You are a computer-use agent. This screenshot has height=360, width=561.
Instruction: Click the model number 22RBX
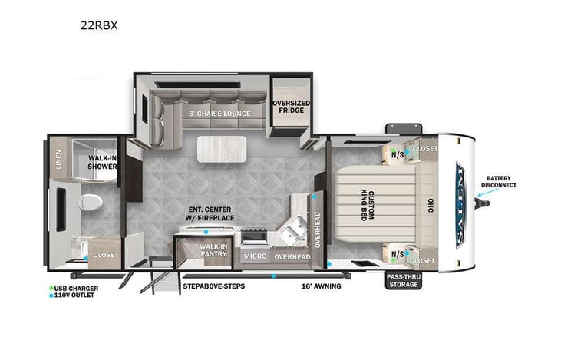[99, 24]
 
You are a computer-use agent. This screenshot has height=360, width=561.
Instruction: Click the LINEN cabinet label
[59, 160]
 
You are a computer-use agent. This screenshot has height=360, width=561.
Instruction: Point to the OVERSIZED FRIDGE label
[289, 107]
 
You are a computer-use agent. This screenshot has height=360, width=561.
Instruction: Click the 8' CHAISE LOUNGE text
[216, 114]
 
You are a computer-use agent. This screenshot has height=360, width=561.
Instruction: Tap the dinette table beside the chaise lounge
[222, 147]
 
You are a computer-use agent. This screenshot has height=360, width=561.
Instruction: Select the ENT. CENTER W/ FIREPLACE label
[213, 214]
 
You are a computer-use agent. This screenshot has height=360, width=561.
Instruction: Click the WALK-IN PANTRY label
[212, 251]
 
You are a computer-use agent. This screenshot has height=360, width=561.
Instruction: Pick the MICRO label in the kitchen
[254, 256]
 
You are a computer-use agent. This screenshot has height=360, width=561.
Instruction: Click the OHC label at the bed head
[428, 205]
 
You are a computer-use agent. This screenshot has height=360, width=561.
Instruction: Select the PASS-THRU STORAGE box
[403, 280]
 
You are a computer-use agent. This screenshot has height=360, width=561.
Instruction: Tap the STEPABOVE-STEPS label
[213, 286]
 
